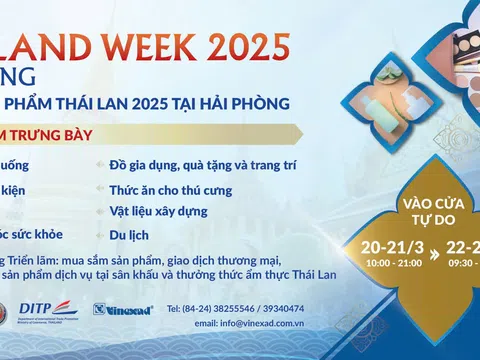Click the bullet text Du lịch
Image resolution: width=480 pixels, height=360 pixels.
coord(128,236)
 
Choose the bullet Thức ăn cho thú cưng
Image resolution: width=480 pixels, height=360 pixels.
coord(170,188)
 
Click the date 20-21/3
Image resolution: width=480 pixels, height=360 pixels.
coord(390,248)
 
